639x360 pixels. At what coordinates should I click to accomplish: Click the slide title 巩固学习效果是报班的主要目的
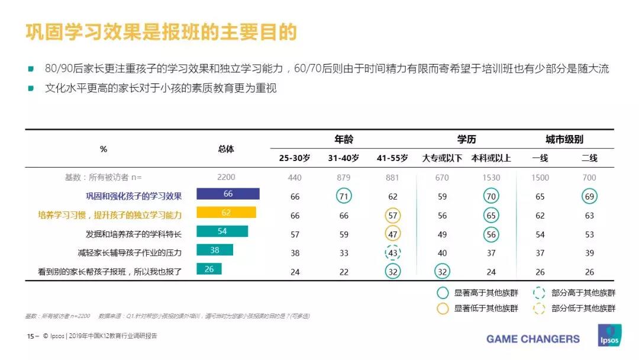(x=160, y=32)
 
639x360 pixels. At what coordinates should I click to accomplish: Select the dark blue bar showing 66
(x=228, y=194)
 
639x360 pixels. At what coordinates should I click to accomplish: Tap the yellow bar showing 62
(x=226, y=213)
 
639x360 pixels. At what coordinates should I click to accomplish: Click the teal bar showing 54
(x=222, y=232)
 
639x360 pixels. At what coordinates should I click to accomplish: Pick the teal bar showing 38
(x=215, y=250)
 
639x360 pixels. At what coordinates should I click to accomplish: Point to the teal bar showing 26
(x=209, y=269)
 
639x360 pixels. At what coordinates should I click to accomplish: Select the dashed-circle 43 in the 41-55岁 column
(x=392, y=253)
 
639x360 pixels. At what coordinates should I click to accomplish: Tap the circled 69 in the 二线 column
(x=589, y=196)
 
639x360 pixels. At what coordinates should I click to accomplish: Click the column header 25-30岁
(x=295, y=158)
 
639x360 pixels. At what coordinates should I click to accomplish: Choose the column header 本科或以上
(x=491, y=158)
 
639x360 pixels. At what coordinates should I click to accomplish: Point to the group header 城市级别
(x=564, y=140)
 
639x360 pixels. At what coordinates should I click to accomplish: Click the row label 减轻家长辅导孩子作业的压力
(x=130, y=253)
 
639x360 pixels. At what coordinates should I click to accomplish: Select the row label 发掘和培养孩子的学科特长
(x=133, y=234)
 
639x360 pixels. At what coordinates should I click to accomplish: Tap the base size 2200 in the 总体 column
(x=226, y=177)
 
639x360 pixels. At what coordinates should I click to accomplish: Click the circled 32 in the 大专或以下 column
(x=442, y=272)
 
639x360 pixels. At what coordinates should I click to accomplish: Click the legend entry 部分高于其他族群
(x=583, y=292)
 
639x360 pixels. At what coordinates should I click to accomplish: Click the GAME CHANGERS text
(x=533, y=339)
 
